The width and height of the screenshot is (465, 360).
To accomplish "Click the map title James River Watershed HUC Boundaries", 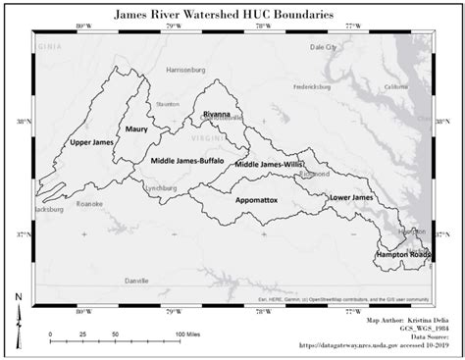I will tap(232, 15).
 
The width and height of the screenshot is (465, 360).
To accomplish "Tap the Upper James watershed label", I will tap(93, 143).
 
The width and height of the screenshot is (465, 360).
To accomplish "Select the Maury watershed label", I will tap(135, 128).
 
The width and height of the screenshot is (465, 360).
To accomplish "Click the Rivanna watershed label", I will tap(216, 115).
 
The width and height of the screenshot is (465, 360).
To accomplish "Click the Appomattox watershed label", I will tap(256, 199).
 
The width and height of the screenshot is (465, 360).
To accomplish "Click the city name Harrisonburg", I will tap(179, 71).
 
